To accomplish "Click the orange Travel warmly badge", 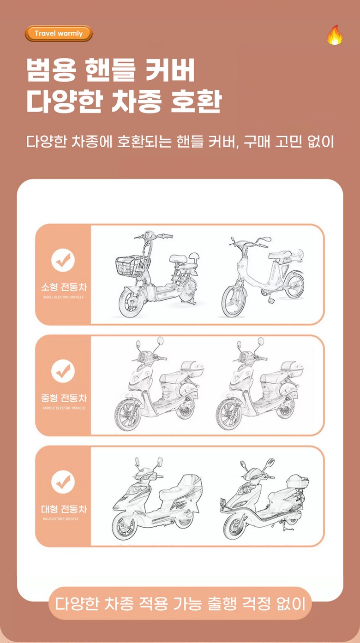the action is tap(59, 34).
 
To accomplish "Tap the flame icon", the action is tap(335, 35).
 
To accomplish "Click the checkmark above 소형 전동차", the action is tap(63, 260).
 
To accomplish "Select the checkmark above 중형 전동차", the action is tap(63, 371).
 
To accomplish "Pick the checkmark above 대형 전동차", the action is tap(63, 482).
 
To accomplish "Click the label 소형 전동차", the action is tap(64, 287).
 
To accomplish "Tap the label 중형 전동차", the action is tap(64, 398).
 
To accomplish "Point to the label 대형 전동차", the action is tap(64, 509).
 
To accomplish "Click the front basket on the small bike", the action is tap(132, 266).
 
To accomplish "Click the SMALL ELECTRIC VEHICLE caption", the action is tap(63, 297).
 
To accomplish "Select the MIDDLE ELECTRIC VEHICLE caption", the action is tap(64, 408).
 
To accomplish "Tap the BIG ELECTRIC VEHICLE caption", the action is tap(60, 519).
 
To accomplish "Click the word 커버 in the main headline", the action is tap(171, 70).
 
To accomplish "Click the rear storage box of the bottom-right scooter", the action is tap(298, 482).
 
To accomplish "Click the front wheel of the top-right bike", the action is tap(234, 301).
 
